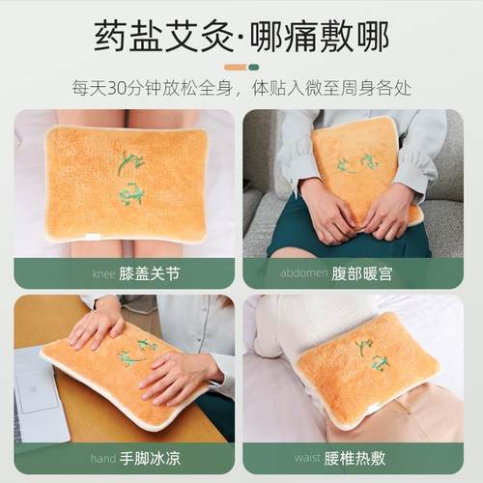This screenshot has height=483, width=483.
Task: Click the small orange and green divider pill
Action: [x=241, y=67]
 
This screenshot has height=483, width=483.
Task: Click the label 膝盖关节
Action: [x=150, y=273]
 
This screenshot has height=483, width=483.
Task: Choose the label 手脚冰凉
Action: [x=149, y=458]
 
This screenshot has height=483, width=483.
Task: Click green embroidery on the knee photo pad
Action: [x=130, y=179]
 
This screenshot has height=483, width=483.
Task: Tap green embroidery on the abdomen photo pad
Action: [x=357, y=163]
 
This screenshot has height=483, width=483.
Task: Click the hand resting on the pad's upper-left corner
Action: [x=97, y=324]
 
